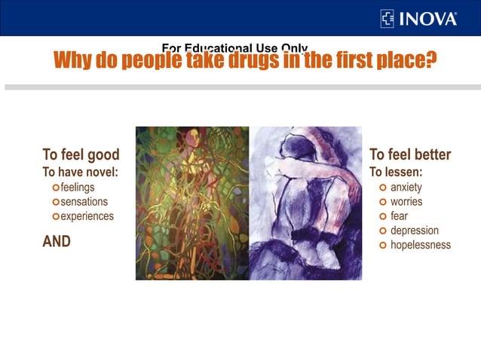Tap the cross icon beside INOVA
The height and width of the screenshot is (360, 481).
tap(388, 18)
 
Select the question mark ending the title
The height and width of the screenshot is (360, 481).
tap(430, 59)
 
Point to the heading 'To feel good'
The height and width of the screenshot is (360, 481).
tap(81, 155)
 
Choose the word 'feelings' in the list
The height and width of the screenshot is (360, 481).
tap(78, 187)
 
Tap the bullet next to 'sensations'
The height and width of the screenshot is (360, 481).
tap(55, 202)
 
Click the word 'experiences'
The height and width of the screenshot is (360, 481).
tap(87, 216)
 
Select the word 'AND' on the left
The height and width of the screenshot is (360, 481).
tap(57, 242)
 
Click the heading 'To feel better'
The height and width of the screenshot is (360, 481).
tap(410, 155)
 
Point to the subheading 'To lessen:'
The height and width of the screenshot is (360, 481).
tap(396, 172)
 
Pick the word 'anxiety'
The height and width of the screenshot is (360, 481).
tap(406, 187)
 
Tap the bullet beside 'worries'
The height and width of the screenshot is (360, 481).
tap(383, 202)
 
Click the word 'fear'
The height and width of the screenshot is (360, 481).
tap(399, 216)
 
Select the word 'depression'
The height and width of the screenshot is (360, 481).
tap(415, 230)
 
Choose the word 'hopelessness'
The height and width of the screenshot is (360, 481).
tap(421, 245)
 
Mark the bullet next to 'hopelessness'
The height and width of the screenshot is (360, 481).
tap(383, 246)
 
